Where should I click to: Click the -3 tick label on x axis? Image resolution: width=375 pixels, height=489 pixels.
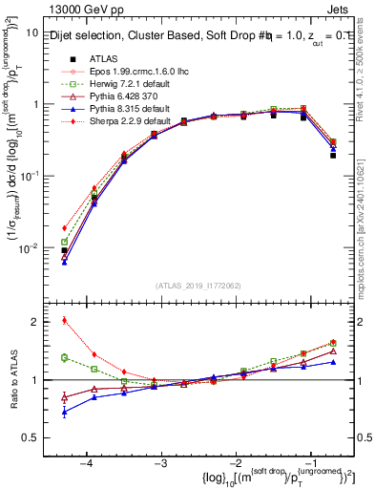(160, 460)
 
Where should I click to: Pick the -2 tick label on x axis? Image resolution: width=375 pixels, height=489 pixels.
(235, 460)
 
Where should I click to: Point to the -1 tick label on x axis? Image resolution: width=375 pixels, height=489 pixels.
(309, 460)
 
